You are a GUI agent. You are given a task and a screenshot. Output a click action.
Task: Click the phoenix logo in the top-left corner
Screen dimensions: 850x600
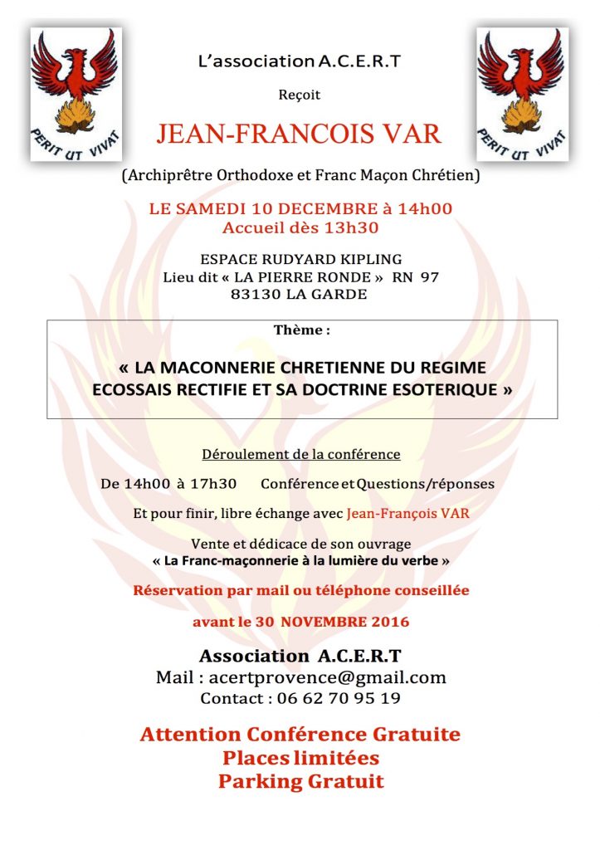76,94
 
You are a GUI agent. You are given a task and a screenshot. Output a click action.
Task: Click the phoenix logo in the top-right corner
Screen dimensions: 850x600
522,94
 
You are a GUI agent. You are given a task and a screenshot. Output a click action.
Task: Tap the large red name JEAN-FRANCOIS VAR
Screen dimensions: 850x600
299,134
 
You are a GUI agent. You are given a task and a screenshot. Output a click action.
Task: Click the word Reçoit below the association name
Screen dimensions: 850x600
300,95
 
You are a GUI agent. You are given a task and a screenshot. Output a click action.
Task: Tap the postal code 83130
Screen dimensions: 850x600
255,294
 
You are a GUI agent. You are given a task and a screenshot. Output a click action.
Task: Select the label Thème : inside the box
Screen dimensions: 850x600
301,330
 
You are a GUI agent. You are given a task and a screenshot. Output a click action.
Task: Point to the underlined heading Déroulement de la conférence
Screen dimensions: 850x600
301,455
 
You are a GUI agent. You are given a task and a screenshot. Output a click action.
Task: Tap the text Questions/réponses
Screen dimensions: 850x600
426,484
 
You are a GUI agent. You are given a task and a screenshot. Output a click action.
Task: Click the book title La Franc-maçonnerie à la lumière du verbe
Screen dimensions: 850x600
301,560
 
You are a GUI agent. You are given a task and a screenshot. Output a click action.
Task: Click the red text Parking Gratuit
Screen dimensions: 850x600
301,781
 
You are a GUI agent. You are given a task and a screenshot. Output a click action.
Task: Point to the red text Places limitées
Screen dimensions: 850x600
301,758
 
